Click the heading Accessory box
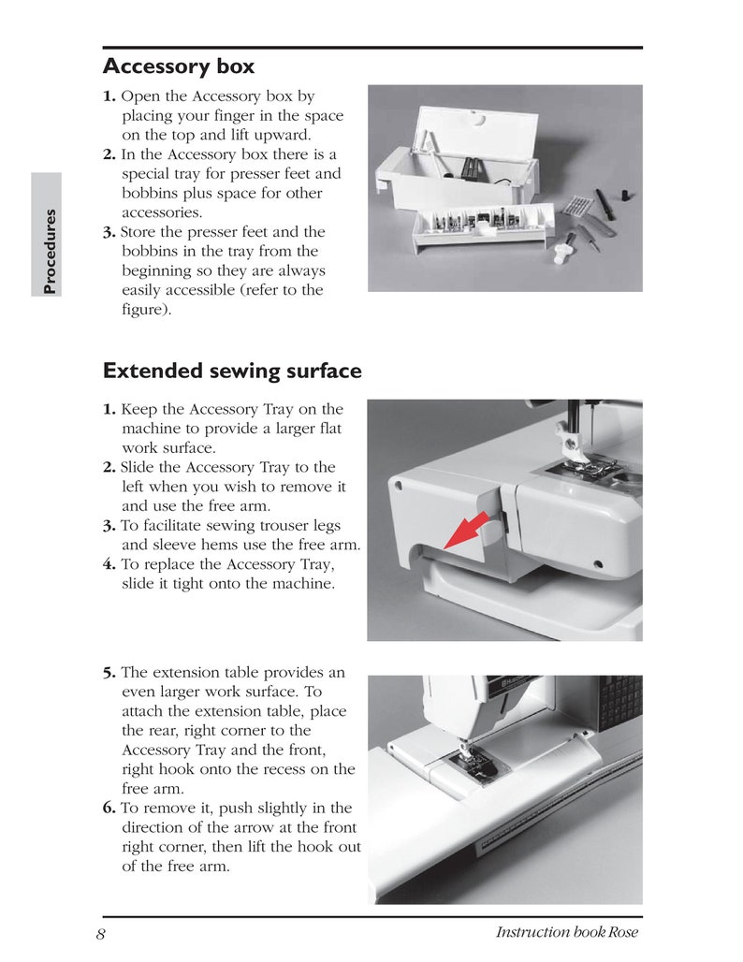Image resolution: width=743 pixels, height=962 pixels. pos(178,67)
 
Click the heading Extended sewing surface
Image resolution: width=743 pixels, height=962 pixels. pos(231,371)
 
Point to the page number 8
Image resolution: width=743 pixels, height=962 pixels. pos(100,933)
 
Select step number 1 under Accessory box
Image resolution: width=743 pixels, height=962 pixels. pos(109,96)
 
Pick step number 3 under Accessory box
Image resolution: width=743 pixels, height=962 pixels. pos(109,232)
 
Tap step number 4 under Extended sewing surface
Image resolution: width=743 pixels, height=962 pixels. pos(109,565)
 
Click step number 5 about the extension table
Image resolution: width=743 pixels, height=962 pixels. pos(109,673)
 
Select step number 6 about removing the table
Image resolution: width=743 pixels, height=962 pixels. pos(109,809)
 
